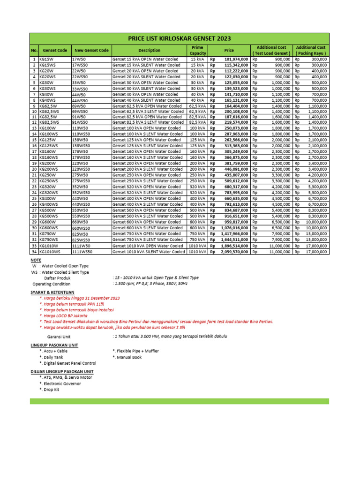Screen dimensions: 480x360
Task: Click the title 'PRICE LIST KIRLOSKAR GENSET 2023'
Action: pos(180,38)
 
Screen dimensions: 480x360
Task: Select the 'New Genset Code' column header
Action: pos(91,50)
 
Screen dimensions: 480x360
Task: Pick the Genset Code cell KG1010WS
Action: pos(50,251)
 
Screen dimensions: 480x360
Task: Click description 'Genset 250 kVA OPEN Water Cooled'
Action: pos(146,175)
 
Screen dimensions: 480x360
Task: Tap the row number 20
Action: pos(34,169)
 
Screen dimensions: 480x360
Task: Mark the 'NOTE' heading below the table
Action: pos(36,259)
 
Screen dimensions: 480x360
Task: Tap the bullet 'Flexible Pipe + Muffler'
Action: pos(136,351)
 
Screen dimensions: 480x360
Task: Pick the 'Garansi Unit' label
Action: pos(59,336)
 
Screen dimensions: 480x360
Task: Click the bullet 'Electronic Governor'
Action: pos(60,383)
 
